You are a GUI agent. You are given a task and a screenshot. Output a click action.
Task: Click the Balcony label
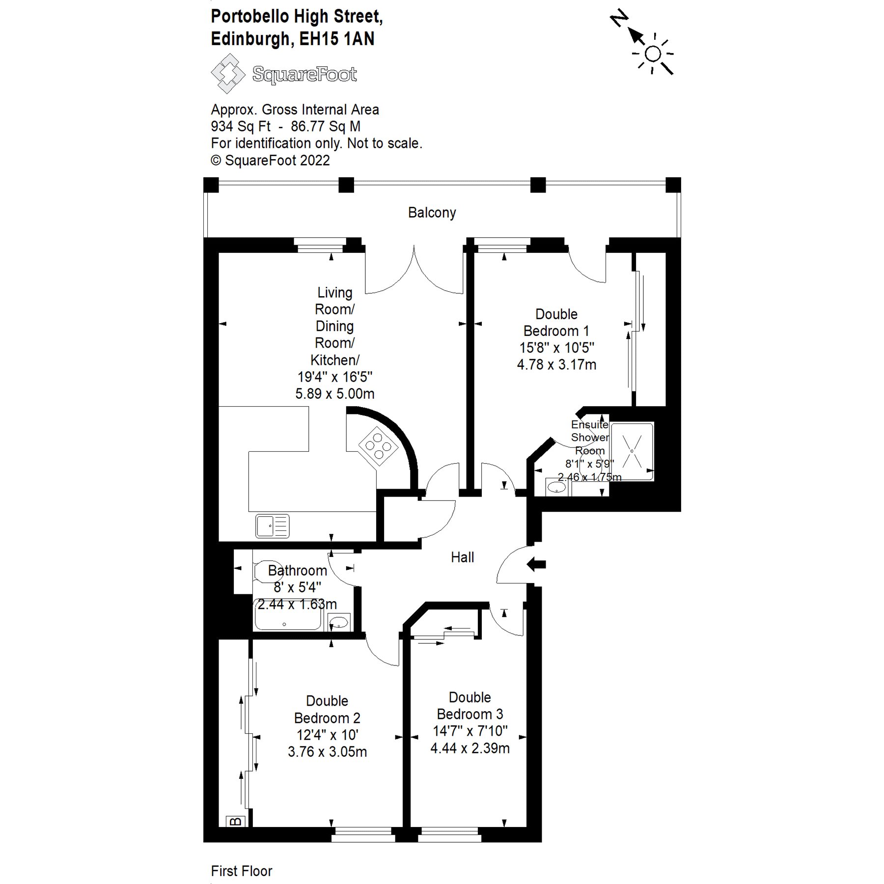pos(432,213)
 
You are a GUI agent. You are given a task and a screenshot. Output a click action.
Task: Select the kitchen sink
pos(272,525)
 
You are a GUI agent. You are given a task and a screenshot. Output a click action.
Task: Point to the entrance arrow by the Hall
pos(536,564)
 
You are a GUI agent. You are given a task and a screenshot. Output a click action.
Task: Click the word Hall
pos(462,557)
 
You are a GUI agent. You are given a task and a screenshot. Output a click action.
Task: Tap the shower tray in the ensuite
pos(632,451)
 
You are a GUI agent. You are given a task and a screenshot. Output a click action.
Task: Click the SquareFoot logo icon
pos(227,74)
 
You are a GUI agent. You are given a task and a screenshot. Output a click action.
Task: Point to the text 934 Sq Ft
pos(241,127)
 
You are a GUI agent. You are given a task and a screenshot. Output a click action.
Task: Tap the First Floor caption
pos(241,871)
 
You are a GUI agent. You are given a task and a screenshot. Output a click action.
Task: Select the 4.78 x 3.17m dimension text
pos(556,365)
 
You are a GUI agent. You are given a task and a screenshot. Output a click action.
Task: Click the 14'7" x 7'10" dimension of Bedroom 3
pos(470,731)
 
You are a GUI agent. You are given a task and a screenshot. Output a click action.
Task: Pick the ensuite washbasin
pos(556,488)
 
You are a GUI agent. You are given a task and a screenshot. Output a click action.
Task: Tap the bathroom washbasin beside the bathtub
pos(339,623)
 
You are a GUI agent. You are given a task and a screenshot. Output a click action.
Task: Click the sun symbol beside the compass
pos(653,54)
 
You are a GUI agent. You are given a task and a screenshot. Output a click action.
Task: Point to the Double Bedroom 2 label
pos(327,709)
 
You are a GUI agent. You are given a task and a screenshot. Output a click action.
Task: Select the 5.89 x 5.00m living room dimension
pos(334,394)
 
